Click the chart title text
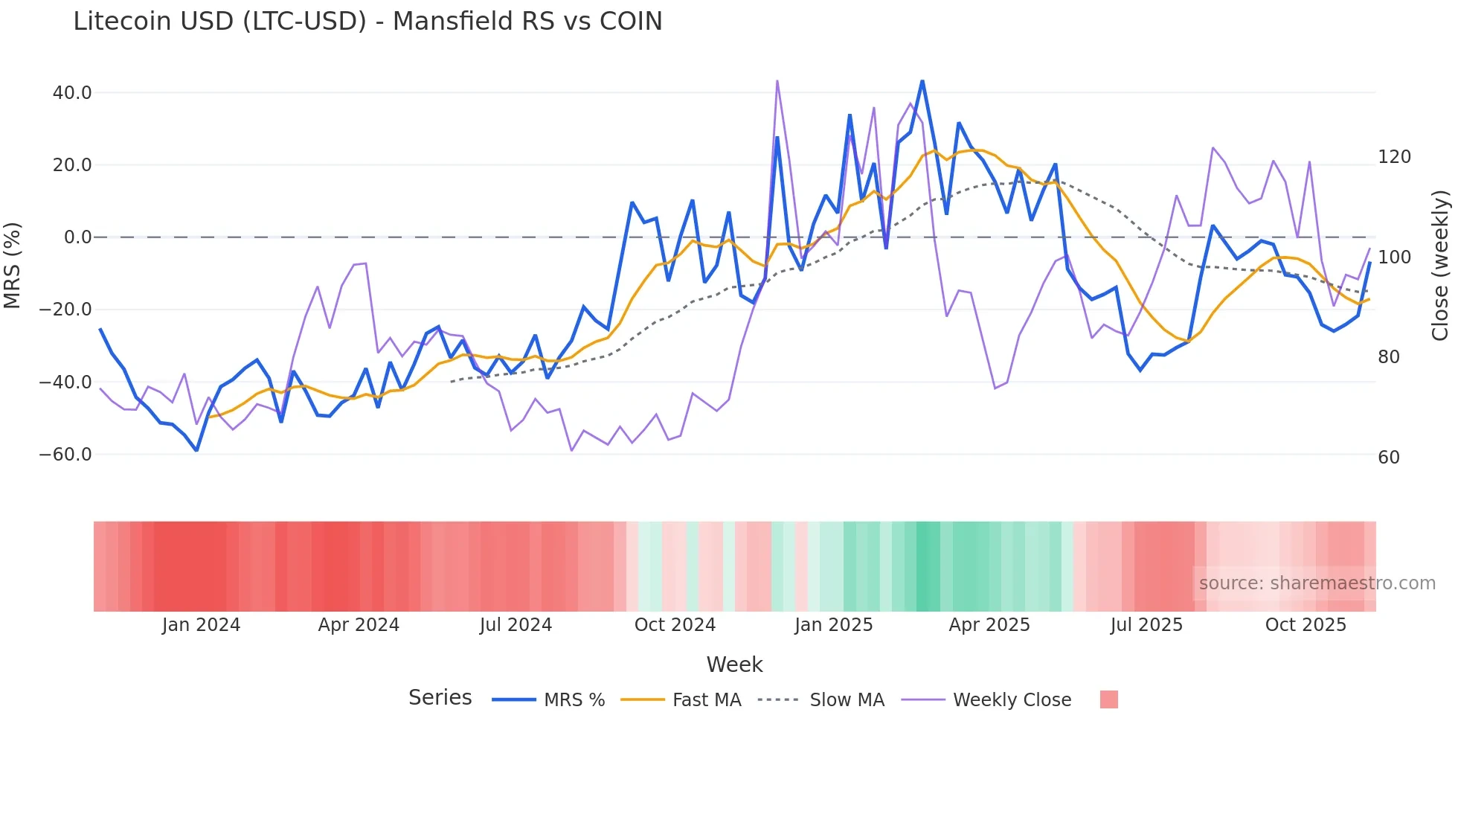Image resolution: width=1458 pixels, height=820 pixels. pyautogui.click(x=367, y=22)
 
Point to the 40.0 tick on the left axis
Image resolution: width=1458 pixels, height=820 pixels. pyautogui.click(x=72, y=93)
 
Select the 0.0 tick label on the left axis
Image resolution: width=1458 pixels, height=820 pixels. pyautogui.click(x=78, y=237)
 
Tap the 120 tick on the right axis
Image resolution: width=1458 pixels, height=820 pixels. pyautogui.click(x=1394, y=157)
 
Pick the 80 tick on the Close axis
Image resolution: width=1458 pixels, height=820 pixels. pyautogui.click(x=1389, y=357)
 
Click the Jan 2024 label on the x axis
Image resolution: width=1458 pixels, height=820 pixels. pyautogui.click(x=201, y=625)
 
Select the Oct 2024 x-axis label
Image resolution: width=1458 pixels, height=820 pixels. pyautogui.click(x=675, y=625)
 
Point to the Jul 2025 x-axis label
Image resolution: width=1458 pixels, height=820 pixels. pyautogui.click(x=1146, y=625)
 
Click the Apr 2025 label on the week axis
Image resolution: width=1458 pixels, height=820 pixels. pyautogui.click(x=989, y=625)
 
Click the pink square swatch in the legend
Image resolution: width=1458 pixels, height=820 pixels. pyautogui.click(x=1109, y=699)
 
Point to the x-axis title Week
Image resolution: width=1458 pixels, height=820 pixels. pyautogui.click(x=734, y=664)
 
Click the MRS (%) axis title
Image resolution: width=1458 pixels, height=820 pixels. pyautogui.click(x=13, y=266)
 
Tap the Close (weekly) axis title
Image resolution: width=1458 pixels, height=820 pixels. pyautogui.click(x=1441, y=266)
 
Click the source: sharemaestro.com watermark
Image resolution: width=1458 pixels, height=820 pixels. pyautogui.click(x=1317, y=583)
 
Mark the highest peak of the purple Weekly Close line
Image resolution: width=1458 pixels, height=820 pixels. pyautogui.click(x=777, y=80)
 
